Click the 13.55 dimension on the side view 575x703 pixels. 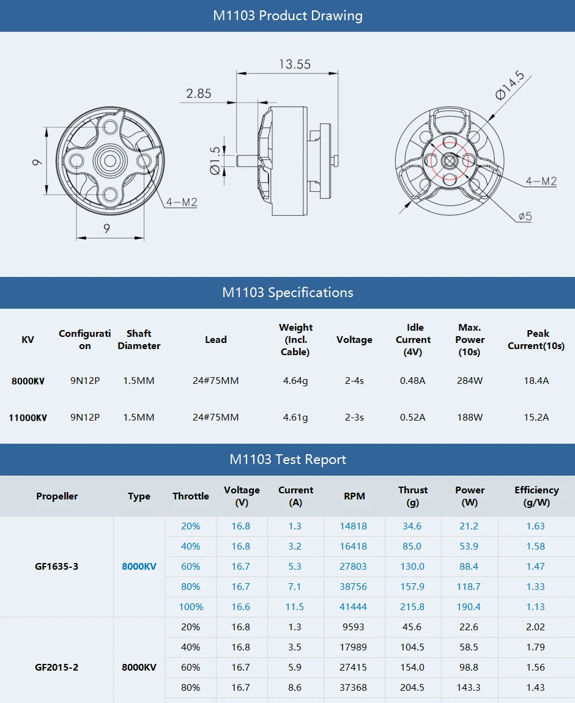point(295,64)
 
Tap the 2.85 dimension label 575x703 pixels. point(199,94)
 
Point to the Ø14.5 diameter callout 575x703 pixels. point(510,86)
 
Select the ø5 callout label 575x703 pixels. point(525,216)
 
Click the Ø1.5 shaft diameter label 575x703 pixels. point(215,160)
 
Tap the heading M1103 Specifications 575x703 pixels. point(287,292)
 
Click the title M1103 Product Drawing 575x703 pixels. point(287,16)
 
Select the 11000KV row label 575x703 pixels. point(28,418)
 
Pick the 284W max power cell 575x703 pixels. point(470,381)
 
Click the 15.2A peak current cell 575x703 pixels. point(536,418)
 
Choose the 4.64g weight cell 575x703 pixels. point(295,381)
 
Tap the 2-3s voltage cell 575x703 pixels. point(354,418)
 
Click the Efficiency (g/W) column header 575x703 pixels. point(536,496)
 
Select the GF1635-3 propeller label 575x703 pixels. point(56,567)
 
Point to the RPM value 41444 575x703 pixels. point(354,607)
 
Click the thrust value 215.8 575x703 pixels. point(412,607)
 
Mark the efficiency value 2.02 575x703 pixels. point(535,627)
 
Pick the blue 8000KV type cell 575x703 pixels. point(139,567)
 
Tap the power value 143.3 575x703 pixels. point(469,688)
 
